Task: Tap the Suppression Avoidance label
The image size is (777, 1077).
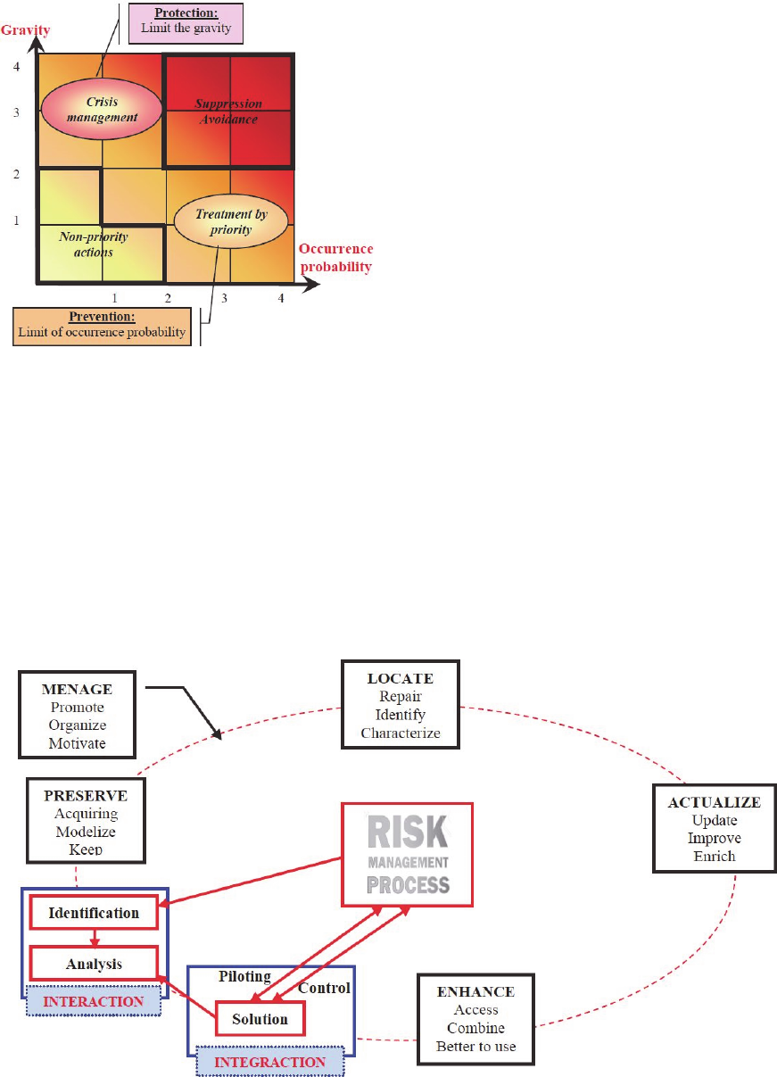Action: pos(228,112)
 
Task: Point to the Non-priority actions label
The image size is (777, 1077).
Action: pos(94,244)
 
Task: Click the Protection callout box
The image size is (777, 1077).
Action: pos(186,21)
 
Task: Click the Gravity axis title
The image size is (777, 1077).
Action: pos(25,30)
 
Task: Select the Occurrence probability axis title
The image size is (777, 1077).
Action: pos(336,257)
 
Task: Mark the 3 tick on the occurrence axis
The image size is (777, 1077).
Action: pos(224,299)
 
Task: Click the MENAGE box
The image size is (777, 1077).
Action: pos(78,717)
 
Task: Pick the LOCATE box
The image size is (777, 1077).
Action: pos(401,703)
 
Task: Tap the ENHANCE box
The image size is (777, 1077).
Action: pos(475,1018)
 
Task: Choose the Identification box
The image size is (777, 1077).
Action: pos(95,914)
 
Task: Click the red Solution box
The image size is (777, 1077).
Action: pos(260,1018)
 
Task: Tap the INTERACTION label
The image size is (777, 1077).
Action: pos(94,1001)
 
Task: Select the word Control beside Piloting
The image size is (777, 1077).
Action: pos(323,988)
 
